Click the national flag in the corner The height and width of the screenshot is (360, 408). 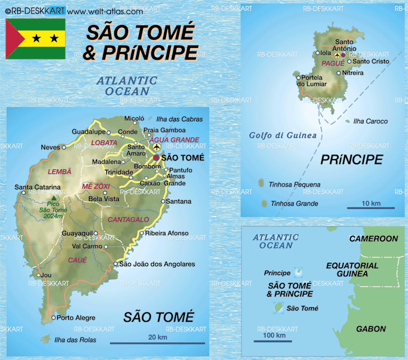tap(35, 39)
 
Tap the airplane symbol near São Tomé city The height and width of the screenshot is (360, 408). tap(156, 147)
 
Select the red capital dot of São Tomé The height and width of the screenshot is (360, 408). tap(156, 158)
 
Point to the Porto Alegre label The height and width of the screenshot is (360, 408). tap(75, 318)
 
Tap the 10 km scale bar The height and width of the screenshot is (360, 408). tap(371, 208)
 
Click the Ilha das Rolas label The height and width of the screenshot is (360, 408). tap(76, 340)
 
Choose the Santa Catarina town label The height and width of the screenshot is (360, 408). tap(34, 187)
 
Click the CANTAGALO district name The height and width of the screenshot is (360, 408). tap(128, 219)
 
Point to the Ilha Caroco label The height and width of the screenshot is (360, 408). tap(370, 121)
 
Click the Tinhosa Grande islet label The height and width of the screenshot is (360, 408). tap(295, 203)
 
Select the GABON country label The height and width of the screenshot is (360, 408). tap(371, 329)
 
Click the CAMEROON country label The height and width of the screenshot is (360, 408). tap(373, 239)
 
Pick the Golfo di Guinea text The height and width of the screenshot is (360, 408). tap(283, 136)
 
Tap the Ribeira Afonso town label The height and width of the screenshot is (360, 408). tap(167, 233)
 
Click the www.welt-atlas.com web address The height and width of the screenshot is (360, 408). tap(105, 11)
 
